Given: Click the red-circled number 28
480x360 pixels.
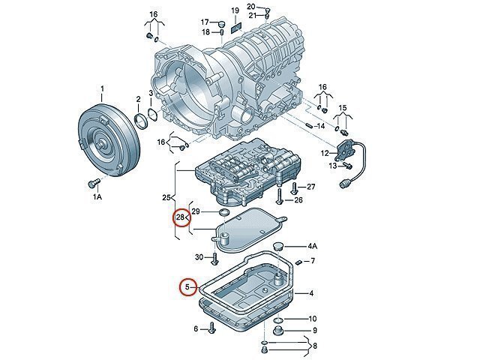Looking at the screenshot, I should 180,218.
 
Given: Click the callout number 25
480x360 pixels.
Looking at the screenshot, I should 167,198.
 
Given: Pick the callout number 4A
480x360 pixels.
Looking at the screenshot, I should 313,246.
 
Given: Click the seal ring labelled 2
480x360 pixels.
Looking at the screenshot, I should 140,119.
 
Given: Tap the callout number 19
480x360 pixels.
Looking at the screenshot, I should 235,11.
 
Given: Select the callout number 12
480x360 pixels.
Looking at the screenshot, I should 325,153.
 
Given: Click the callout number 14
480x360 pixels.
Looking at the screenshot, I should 320,126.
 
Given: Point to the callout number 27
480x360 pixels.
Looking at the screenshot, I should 311,186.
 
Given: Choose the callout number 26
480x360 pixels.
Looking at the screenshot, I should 298,200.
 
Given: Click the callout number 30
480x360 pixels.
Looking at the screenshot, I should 199,257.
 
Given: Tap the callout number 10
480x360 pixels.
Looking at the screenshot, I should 313,319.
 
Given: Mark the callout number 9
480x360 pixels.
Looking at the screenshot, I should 315,331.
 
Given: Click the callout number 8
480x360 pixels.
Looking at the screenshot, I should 315,346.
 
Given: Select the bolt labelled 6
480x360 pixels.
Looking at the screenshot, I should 213,328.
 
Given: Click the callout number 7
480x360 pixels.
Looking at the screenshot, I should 313,261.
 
